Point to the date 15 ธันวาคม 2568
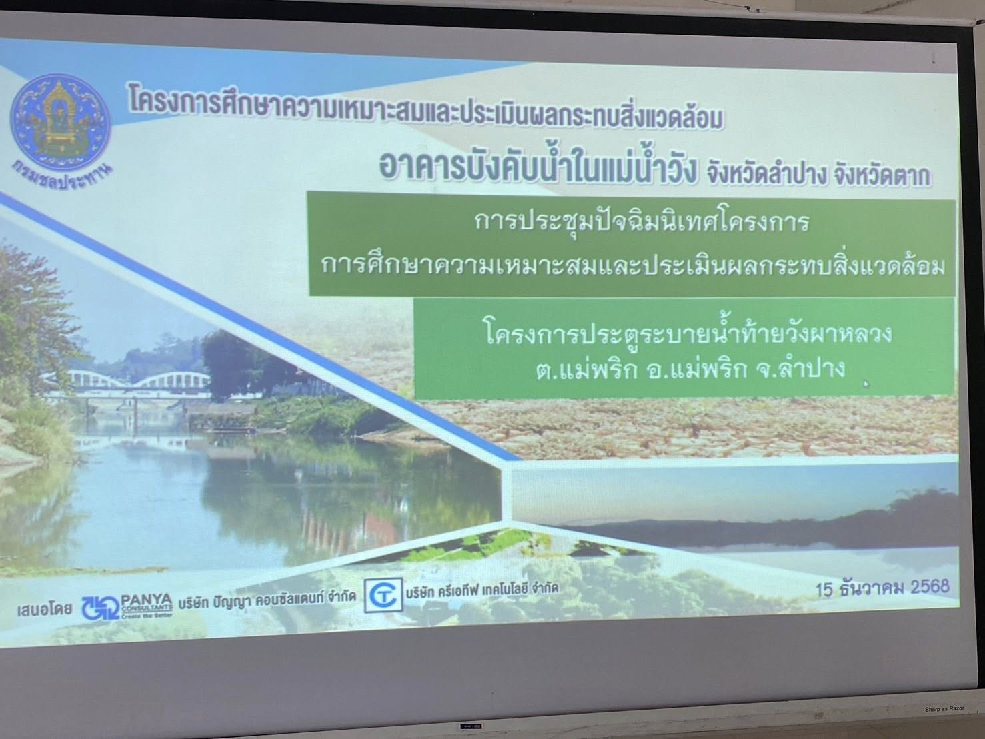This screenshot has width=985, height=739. pyautogui.click(x=882, y=588)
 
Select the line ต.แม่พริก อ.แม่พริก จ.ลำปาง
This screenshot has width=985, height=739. pyautogui.click(x=691, y=368)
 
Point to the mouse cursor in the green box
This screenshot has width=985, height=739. pyautogui.click(x=866, y=384)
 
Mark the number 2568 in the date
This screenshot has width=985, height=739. pyautogui.click(x=930, y=586)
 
